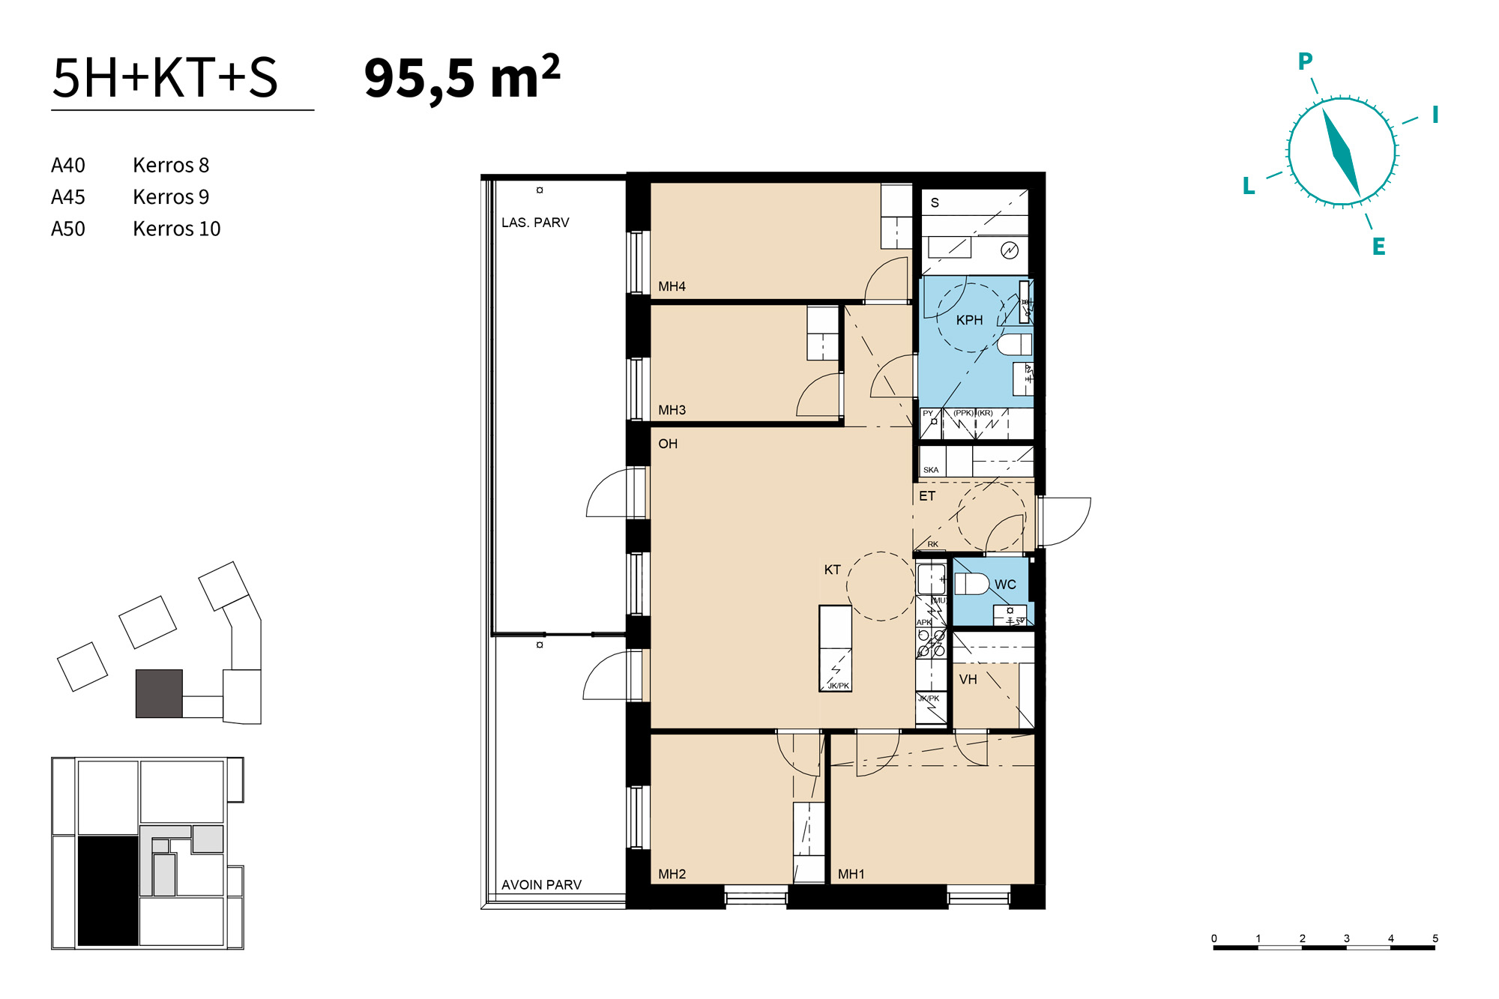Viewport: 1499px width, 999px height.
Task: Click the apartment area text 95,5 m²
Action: [462, 78]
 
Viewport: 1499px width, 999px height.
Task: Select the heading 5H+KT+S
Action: [165, 78]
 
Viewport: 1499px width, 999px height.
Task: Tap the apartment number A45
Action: [68, 197]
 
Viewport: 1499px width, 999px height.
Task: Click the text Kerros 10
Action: [177, 229]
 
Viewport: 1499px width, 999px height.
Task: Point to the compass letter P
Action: [1305, 61]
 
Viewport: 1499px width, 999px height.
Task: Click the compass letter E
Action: [1378, 247]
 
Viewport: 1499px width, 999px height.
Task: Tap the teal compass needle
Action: [1341, 153]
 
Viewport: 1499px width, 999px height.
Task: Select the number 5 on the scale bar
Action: [1435, 938]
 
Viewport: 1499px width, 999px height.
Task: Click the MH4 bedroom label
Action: [672, 286]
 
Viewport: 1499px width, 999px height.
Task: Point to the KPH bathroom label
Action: [969, 320]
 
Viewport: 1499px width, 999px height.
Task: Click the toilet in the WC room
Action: [972, 584]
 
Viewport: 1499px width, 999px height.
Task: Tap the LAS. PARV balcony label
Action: [535, 223]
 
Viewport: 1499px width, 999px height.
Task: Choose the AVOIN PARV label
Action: [541, 885]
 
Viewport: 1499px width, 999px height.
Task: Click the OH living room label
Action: [668, 444]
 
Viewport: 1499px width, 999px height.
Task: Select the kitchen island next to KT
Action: [835, 648]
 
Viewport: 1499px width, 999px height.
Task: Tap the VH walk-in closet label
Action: [968, 680]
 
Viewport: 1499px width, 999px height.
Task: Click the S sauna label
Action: [935, 202]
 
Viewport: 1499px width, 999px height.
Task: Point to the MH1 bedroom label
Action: [851, 874]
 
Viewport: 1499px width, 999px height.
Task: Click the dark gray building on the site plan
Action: [159, 694]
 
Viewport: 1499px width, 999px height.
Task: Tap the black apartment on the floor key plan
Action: [108, 891]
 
